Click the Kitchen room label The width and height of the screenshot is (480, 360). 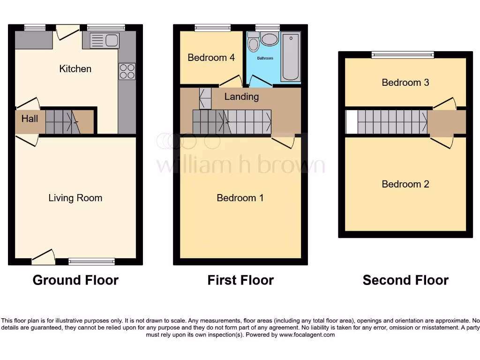tap(75, 69)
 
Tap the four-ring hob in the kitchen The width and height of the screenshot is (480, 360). tap(127, 71)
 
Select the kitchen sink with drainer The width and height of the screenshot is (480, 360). tap(105, 40)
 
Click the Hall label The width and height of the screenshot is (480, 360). tap(30, 119)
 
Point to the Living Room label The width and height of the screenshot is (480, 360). tap(75, 198)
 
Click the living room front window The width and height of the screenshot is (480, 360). tap(91, 262)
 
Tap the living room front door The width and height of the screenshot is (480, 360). tap(43, 256)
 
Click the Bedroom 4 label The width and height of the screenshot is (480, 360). tap(211, 58)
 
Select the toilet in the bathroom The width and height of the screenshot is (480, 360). tap(254, 43)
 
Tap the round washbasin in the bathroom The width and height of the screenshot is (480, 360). tap(270, 39)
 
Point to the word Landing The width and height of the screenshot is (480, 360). tap(241, 97)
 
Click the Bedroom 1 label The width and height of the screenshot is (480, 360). tap(240, 198)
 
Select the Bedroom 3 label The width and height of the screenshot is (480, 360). tap(405, 82)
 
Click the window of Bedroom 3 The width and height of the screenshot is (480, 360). tap(403, 55)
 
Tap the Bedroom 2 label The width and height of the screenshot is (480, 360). tap(405, 184)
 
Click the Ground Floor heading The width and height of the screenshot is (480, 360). tap(75, 280)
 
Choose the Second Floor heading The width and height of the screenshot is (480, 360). tap(405, 280)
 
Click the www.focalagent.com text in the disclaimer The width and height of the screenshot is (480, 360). tap(307, 335)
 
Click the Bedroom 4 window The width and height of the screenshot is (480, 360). tap(213, 28)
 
